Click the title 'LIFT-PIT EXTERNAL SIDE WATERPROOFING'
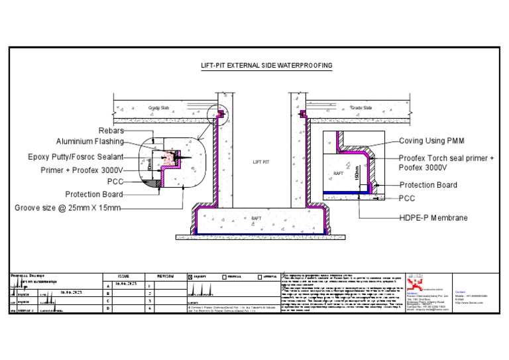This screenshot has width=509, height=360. [266, 66]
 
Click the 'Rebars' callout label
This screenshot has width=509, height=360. [111, 131]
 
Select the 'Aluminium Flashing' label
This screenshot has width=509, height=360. [89, 142]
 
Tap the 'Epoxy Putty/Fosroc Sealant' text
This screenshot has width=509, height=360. [75, 157]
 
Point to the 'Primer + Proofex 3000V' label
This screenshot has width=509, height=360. [82, 170]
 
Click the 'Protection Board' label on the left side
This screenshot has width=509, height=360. [93, 194]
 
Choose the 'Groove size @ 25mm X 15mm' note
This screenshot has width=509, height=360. [68, 208]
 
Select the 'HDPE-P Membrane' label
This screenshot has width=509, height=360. [433, 217]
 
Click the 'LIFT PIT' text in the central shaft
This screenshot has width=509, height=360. [262, 161]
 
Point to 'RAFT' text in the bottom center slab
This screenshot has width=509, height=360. [256, 218]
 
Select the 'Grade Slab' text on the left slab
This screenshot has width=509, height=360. [159, 107]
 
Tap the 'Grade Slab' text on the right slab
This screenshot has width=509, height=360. [361, 107]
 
